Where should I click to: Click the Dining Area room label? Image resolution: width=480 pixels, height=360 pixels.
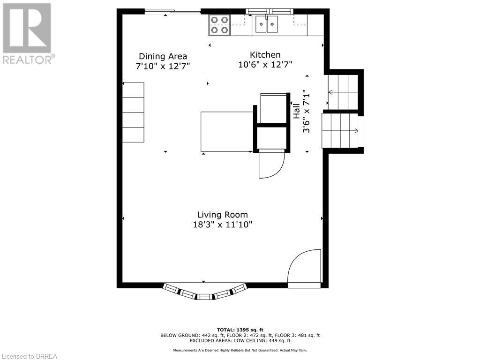tap(163, 56)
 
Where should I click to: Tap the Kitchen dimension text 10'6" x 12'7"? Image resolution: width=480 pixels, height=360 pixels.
tap(265, 65)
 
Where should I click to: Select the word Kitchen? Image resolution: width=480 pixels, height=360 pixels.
tap(265, 55)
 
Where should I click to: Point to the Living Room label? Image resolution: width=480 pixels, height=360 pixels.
tap(222, 215)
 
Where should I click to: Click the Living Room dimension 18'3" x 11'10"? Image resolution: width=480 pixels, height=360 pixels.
tap(222, 225)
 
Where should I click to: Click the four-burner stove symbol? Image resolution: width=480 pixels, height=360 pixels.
tap(219, 25)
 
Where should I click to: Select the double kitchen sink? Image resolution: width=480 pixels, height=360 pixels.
tap(266, 24)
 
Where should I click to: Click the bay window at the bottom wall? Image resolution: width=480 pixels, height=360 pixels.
tap(205, 291)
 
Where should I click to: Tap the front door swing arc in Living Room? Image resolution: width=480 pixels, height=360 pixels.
tap(302, 267)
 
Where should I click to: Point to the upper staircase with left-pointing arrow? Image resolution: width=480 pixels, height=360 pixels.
tap(343, 92)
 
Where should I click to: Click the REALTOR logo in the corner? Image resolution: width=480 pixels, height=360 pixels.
tap(27, 33)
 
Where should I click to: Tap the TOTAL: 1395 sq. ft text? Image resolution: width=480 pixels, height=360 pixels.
tap(240, 330)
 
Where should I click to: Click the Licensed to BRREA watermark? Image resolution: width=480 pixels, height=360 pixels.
tap(29, 356)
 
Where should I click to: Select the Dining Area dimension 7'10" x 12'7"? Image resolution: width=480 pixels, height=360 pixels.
tap(163, 67)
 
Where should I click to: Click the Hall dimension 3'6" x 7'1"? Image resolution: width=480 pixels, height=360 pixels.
tap(307, 111)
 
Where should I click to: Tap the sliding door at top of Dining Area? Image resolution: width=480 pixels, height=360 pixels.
tap(172, 12)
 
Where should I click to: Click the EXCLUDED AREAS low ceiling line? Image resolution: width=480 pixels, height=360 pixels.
tap(240, 341)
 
